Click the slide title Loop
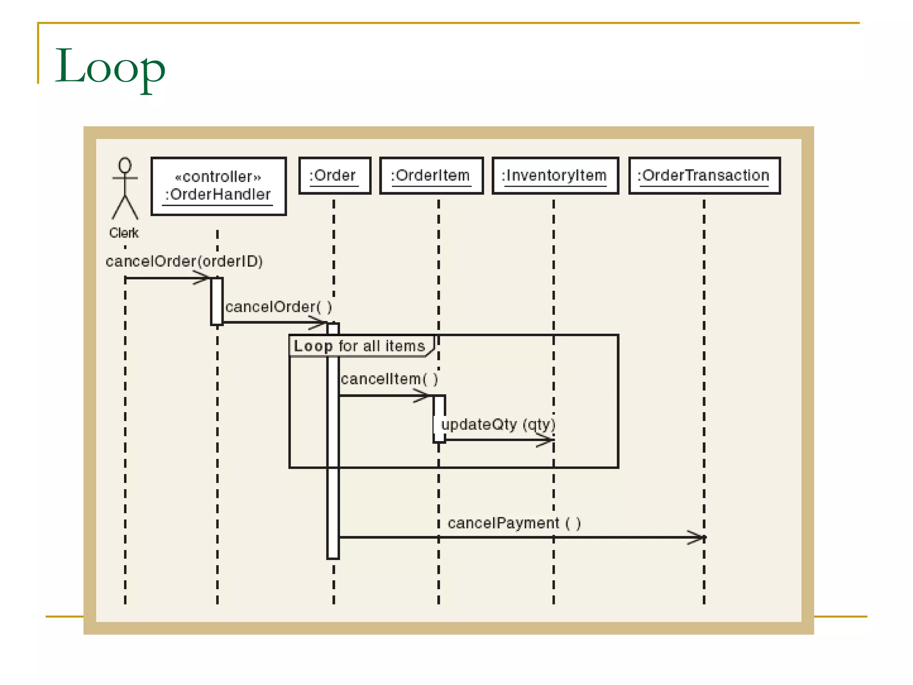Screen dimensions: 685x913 110,67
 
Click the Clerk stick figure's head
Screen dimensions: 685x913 125,165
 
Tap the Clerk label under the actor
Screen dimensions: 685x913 124,232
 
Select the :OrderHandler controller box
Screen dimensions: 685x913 218,186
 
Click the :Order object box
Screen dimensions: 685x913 334,175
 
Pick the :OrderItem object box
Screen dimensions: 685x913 431,175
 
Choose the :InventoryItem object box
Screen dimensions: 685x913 555,175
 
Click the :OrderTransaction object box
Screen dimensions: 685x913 704,175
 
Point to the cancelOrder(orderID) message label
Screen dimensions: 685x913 184,261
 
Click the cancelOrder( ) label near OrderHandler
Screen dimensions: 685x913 278,307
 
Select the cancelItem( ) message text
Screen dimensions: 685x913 389,379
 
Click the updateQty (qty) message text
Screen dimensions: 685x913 498,424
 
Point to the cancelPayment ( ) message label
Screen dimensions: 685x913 514,523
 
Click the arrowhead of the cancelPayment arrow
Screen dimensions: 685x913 698,537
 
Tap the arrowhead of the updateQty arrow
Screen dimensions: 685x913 546,440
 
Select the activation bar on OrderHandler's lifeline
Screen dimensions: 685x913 217,301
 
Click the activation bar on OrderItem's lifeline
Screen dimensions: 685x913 439,418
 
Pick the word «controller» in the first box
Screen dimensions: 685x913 218,177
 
